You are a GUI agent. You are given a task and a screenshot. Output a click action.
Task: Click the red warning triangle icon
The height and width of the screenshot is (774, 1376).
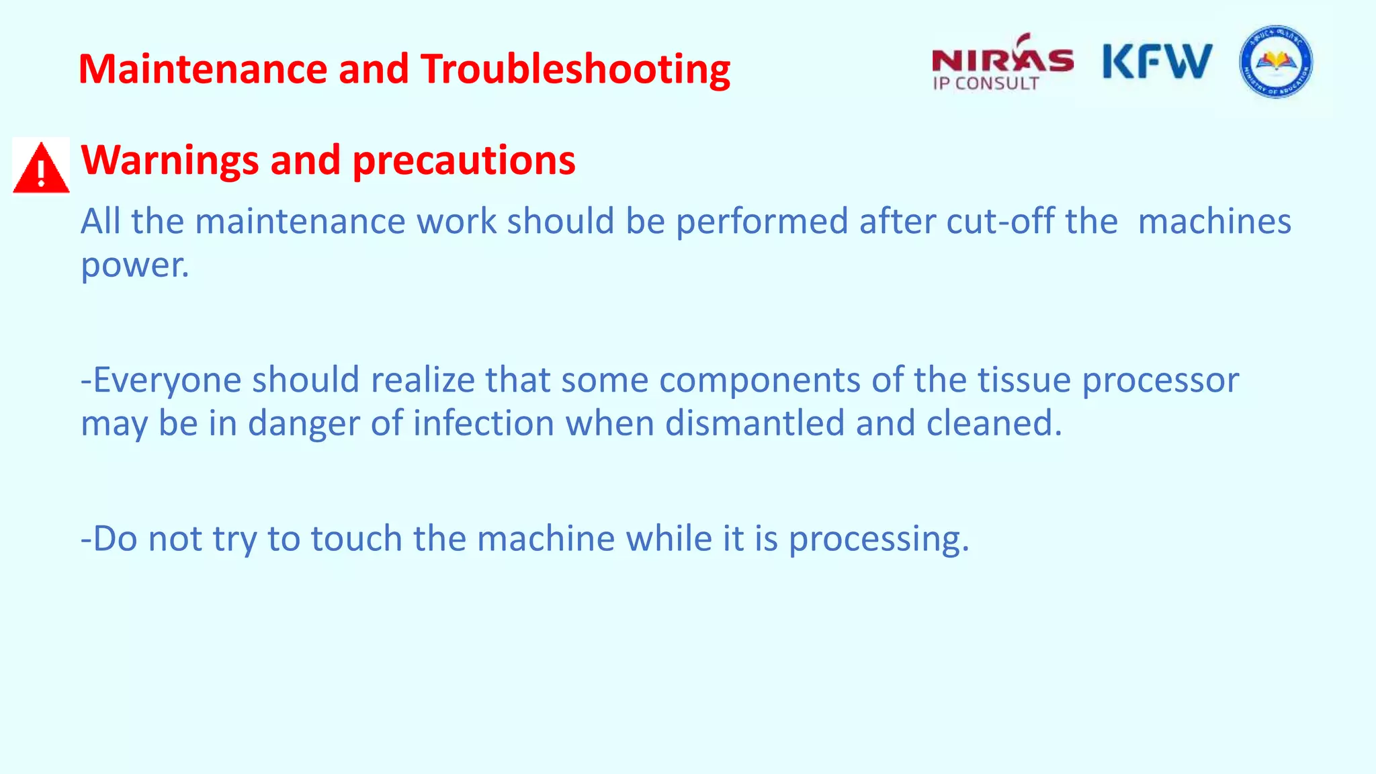point(41,167)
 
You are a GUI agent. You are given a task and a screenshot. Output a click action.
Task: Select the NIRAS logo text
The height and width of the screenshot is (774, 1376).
point(1002,60)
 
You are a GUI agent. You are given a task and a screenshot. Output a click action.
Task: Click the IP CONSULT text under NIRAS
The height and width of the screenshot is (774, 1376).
point(985,84)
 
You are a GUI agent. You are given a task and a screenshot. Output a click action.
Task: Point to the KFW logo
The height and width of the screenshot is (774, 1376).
point(1157,62)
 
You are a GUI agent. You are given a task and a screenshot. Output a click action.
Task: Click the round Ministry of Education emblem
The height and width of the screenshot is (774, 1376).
point(1275,62)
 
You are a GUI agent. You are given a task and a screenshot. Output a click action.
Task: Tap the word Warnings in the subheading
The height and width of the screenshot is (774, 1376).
point(169,161)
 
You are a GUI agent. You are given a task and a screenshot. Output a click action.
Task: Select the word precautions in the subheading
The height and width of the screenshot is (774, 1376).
point(464,161)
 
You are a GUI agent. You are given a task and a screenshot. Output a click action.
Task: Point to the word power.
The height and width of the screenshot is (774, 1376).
point(134,265)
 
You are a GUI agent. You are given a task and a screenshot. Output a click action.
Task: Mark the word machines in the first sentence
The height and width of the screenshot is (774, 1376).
point(1214,222)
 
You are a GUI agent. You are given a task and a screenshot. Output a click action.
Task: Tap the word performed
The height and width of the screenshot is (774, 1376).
point(762,222)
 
